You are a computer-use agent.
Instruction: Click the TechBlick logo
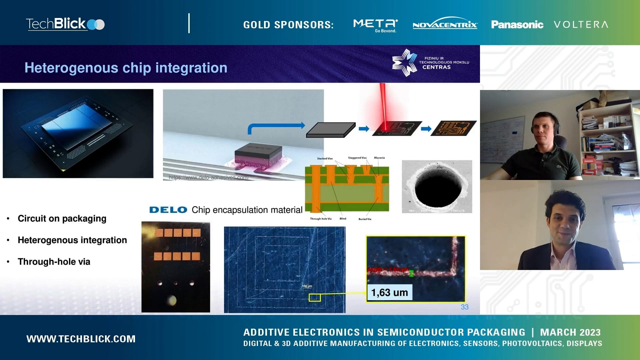65,24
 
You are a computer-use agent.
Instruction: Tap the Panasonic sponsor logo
517,25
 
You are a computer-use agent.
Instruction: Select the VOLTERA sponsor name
581,25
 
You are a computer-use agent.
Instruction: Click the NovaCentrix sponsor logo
445,24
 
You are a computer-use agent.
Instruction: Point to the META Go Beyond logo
375,25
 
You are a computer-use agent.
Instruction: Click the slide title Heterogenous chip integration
126,68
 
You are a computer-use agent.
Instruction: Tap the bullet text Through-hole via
54,262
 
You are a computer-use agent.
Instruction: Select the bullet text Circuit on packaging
62,219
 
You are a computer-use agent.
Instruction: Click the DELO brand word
168,210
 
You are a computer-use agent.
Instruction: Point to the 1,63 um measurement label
389,293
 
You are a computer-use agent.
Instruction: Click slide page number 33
464,307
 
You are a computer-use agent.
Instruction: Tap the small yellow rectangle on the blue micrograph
314,297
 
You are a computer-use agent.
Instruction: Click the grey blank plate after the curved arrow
331,130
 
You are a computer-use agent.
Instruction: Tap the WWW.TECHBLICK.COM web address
81,339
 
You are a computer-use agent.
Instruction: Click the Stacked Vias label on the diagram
325,159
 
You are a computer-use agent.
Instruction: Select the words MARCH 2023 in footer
570,332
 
